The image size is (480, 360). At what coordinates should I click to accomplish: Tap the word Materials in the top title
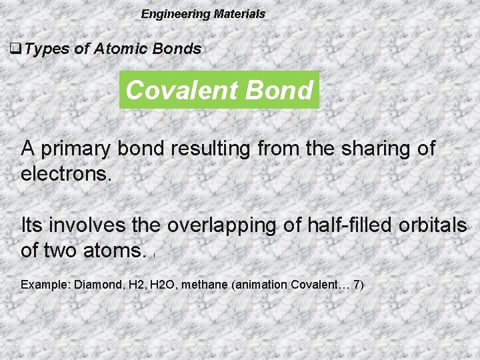click(239, 14)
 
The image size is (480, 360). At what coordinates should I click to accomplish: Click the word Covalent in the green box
click(179, 90)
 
